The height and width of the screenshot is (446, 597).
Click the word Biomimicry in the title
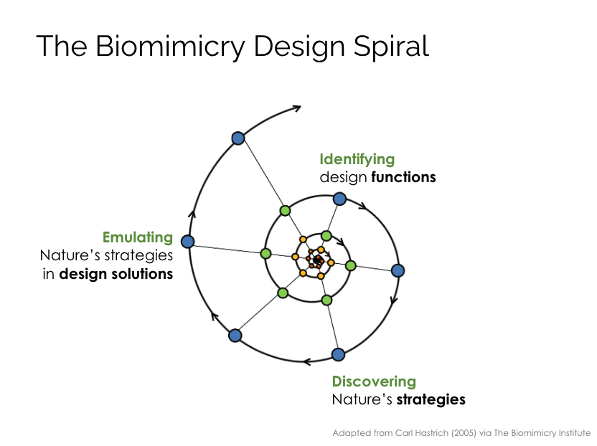(x=170, y=47)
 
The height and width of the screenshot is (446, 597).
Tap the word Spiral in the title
(x=391, y=47)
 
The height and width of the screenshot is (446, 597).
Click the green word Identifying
(x=357, y=159)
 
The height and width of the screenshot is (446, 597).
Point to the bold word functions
(x=403, y=177)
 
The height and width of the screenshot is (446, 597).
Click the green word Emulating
(x=138, y=237)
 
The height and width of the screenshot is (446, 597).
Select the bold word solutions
(x=142, y=274)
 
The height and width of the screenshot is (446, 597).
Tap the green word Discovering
(x=374, y=381)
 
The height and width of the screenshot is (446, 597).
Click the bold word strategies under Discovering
(x=431, y=399)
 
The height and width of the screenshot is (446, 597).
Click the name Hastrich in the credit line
(x=431, y=433)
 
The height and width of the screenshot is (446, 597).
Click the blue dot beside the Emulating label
(x=188, y=241)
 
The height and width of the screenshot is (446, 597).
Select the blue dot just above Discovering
(x=338, y=354)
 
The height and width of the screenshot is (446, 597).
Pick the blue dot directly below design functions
(x=339, y=199)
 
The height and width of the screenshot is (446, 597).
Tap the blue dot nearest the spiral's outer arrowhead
(x=238, y=138)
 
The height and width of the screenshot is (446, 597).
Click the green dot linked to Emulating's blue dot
(x=265, y=253)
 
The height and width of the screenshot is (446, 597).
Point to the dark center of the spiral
(x=318, y=260)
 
